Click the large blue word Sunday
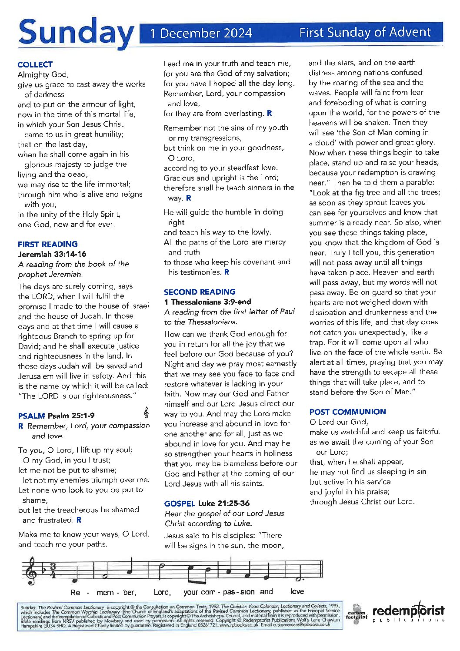pos(76,34)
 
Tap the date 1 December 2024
pos(201,33)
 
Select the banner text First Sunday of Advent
pos(365,32)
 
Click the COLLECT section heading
pos(35,64)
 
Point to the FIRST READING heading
pos(48,244)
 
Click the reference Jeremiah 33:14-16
pos(52,254)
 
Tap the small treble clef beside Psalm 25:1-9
pos(147,412)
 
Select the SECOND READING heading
pos(200,292)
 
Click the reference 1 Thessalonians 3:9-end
pos(207,302)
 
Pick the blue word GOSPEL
pos(179,503)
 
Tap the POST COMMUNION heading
pos(347,412)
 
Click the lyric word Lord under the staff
pos(162,592)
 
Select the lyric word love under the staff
pos(297,592)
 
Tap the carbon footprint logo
pos(356,614)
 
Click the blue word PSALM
pos(31,416)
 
